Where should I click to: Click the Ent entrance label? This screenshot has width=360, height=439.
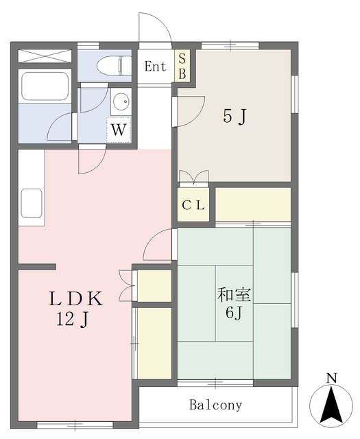tap(156, 67)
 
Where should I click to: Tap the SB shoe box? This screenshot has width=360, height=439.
tap(182, 66)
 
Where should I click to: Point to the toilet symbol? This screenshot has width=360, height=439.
tap(115, 66)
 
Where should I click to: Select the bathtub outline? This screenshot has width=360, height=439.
tap(45, 86)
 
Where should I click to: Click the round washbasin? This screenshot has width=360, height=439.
tap(121, 101)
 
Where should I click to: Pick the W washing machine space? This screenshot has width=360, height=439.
tap(119, 130)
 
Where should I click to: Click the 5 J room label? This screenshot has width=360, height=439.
tap(235, 116)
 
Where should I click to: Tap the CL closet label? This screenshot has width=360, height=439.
tap(193, 206)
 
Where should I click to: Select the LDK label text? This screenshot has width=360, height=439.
tap(75, 298)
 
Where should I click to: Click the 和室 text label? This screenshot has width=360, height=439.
tap(234, 295)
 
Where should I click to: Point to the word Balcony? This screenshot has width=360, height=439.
tap(215, 405)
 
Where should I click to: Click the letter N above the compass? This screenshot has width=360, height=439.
tap(331, 379)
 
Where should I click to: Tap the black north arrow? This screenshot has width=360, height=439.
tap(331, 405)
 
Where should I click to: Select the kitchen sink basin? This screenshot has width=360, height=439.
tap(32, 203)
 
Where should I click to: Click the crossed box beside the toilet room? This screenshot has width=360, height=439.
tap(45, 56)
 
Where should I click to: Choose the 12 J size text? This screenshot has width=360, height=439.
tap(72, 319)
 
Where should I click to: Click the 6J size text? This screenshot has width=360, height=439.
tap(233, 313)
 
